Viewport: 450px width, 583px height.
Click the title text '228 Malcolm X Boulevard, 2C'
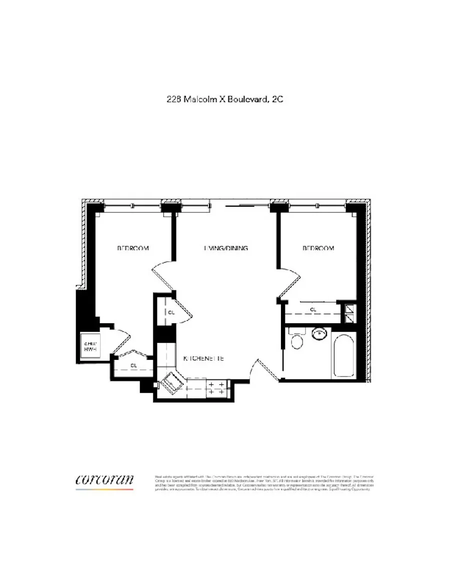225,100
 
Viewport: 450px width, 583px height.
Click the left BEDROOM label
133,248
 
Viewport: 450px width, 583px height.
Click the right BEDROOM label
318,248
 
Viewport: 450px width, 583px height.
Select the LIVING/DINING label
226,248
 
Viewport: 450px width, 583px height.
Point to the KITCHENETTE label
203,359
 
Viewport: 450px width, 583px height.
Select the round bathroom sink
318,333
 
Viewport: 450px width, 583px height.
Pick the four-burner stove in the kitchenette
215,389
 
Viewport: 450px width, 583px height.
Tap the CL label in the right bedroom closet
313,310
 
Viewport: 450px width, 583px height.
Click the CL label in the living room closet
171,312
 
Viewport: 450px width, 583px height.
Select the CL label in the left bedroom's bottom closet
133,365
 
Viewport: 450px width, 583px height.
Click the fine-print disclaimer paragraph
264,482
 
